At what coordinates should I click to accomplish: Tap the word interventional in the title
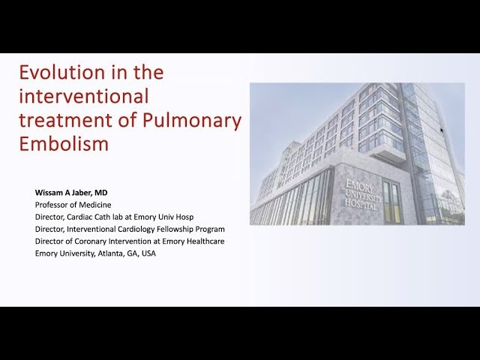(x=84, y=97)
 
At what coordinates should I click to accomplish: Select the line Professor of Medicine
(x=73, y=205)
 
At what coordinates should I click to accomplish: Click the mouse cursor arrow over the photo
(x=442, y=130)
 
